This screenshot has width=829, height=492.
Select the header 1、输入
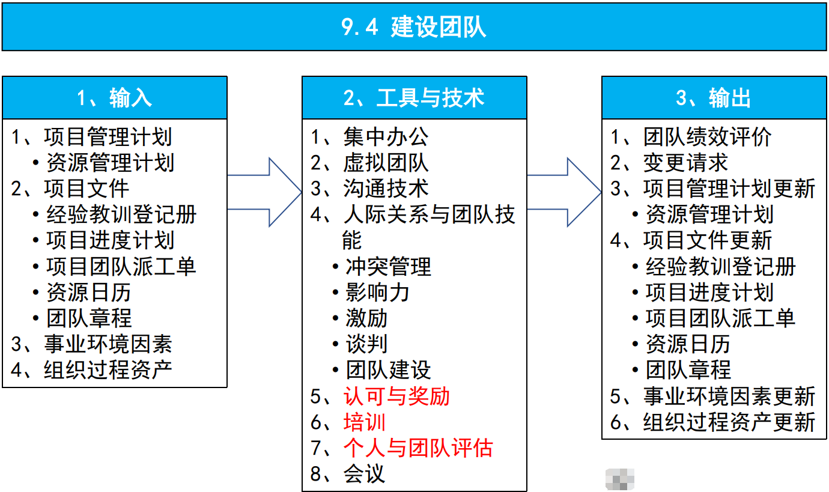[114, 98]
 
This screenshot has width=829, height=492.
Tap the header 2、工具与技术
[414, 98]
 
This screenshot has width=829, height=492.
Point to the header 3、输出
[714, 98]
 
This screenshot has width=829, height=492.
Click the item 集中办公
[385, 138]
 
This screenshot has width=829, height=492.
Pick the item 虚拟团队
[385, 163]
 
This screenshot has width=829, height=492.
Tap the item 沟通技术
[385, 189]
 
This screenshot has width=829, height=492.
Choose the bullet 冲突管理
[388, 267]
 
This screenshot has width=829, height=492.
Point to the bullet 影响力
[377, 293]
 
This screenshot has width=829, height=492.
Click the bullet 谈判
[366, 344]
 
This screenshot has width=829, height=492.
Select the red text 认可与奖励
[396, 396]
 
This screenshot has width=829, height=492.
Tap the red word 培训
[364, 422]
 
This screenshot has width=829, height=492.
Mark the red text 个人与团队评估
[418, 448]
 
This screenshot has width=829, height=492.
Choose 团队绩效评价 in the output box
[707, 138]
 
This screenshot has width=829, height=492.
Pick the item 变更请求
[685, 163]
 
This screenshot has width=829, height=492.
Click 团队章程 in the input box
[89, 318]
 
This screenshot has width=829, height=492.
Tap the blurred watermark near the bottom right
[620, 479]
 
